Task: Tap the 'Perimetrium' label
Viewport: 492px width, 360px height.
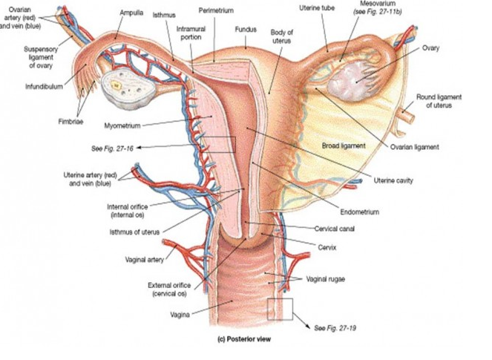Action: coord(216,11)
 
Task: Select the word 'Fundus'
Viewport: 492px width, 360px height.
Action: coord(245,30)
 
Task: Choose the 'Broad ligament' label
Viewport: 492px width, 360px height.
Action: coord(344,145)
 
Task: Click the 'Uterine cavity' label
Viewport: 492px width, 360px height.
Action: coord(393,180)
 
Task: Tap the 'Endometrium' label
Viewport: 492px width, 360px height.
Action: coord(360,212)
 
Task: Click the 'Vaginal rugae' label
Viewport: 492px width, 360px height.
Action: coord(326,279)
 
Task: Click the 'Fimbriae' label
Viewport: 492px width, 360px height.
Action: coord(71,120)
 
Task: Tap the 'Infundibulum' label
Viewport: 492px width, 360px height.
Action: coord(45,86)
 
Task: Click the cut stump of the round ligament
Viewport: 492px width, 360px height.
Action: coord(407,115)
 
